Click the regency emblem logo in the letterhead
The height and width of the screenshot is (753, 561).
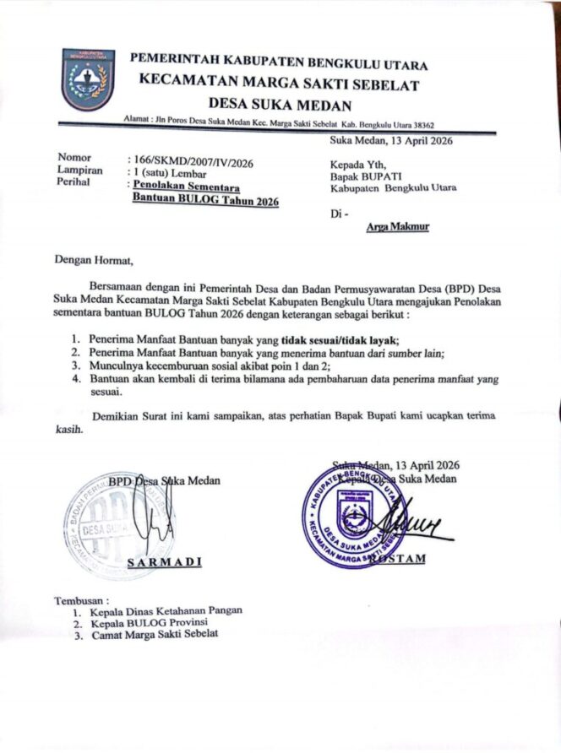[88, 79]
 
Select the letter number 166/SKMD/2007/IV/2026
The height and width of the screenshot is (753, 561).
[190, 160]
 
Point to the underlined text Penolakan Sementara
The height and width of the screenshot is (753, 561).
[185, 185]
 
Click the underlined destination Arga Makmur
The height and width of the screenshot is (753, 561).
[398, 228]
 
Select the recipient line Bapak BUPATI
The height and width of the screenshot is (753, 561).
[364, 176]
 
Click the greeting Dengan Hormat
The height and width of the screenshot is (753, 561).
[94, 260]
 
